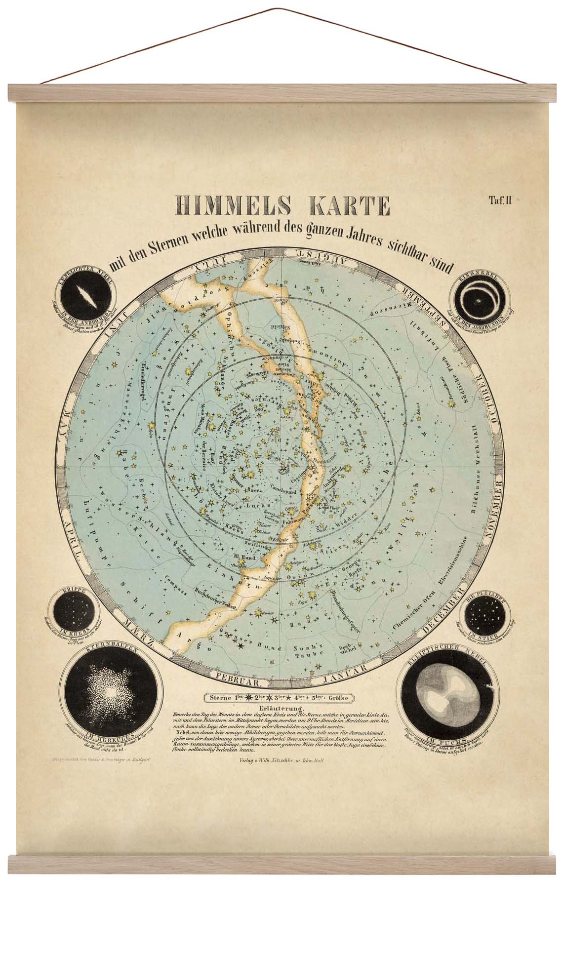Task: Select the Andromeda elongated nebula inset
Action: point(84,296)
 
